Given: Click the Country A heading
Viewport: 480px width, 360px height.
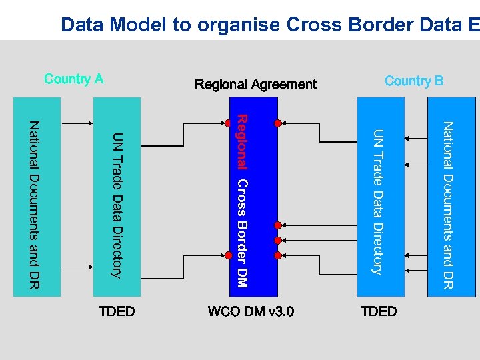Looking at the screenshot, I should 74,79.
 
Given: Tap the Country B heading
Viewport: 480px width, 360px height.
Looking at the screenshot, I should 413,81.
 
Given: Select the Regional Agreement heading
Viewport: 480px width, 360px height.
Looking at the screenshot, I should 255,85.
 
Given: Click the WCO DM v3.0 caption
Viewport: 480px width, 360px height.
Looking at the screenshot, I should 251,311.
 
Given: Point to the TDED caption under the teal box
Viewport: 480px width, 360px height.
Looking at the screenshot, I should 117,311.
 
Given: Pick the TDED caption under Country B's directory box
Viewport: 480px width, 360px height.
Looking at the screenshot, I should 378,311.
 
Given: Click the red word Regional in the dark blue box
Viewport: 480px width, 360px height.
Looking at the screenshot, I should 243,141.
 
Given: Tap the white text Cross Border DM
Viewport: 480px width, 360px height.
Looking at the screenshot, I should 243,233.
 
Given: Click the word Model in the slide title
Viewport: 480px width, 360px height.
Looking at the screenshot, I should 139,25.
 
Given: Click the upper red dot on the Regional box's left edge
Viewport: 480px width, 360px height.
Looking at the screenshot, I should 231,123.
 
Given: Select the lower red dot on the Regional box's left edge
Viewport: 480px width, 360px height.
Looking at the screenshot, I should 231,253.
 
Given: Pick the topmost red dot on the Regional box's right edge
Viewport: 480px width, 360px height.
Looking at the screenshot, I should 277,123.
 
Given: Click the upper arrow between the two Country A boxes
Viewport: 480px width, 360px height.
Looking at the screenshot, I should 77,123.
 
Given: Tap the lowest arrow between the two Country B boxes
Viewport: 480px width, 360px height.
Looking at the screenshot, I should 415,270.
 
